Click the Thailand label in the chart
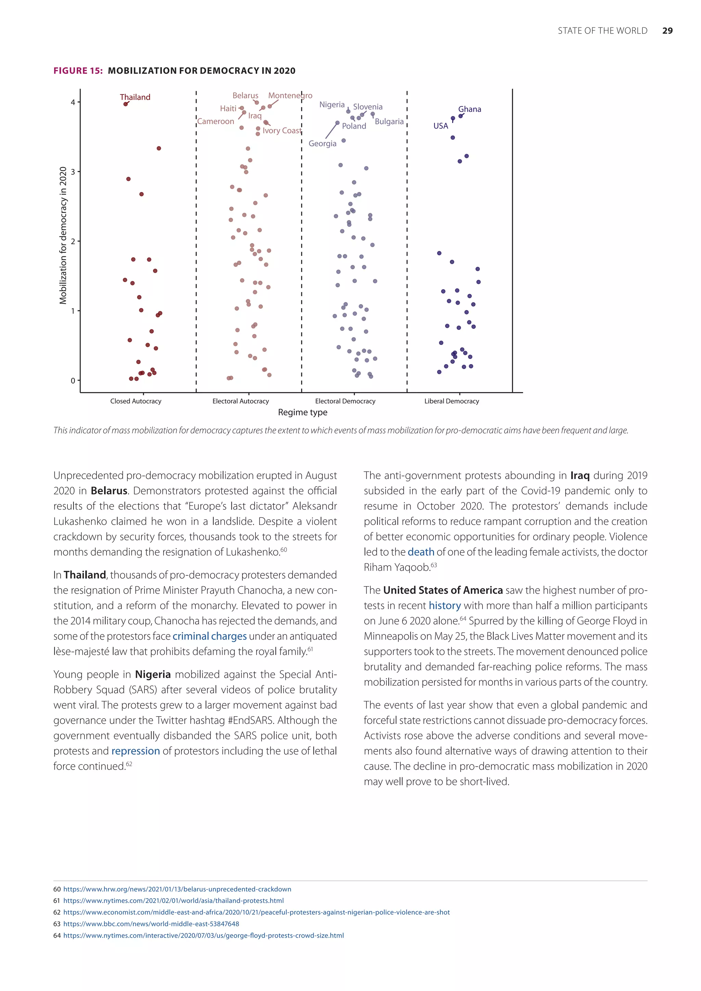(x=135, y=97)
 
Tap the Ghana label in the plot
(x=470, y=109)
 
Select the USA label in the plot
(x=441, y=126)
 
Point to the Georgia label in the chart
(x=322, y=144)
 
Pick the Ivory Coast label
(x=282, y=131)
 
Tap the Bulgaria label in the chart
(x=389, y=122)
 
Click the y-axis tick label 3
(x=73, y=172)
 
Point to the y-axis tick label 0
(x=73, y=381)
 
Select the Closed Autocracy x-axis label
(x=136, y=401)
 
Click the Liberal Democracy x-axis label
(x=451, y=401)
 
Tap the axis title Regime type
(x=303, y=413)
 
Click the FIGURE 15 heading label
(x=78, y=71)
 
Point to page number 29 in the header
(x=667, y=31)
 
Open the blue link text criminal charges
(x=210, y=636)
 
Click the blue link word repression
(x=136, y=751)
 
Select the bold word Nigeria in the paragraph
(x=153, y=674)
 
